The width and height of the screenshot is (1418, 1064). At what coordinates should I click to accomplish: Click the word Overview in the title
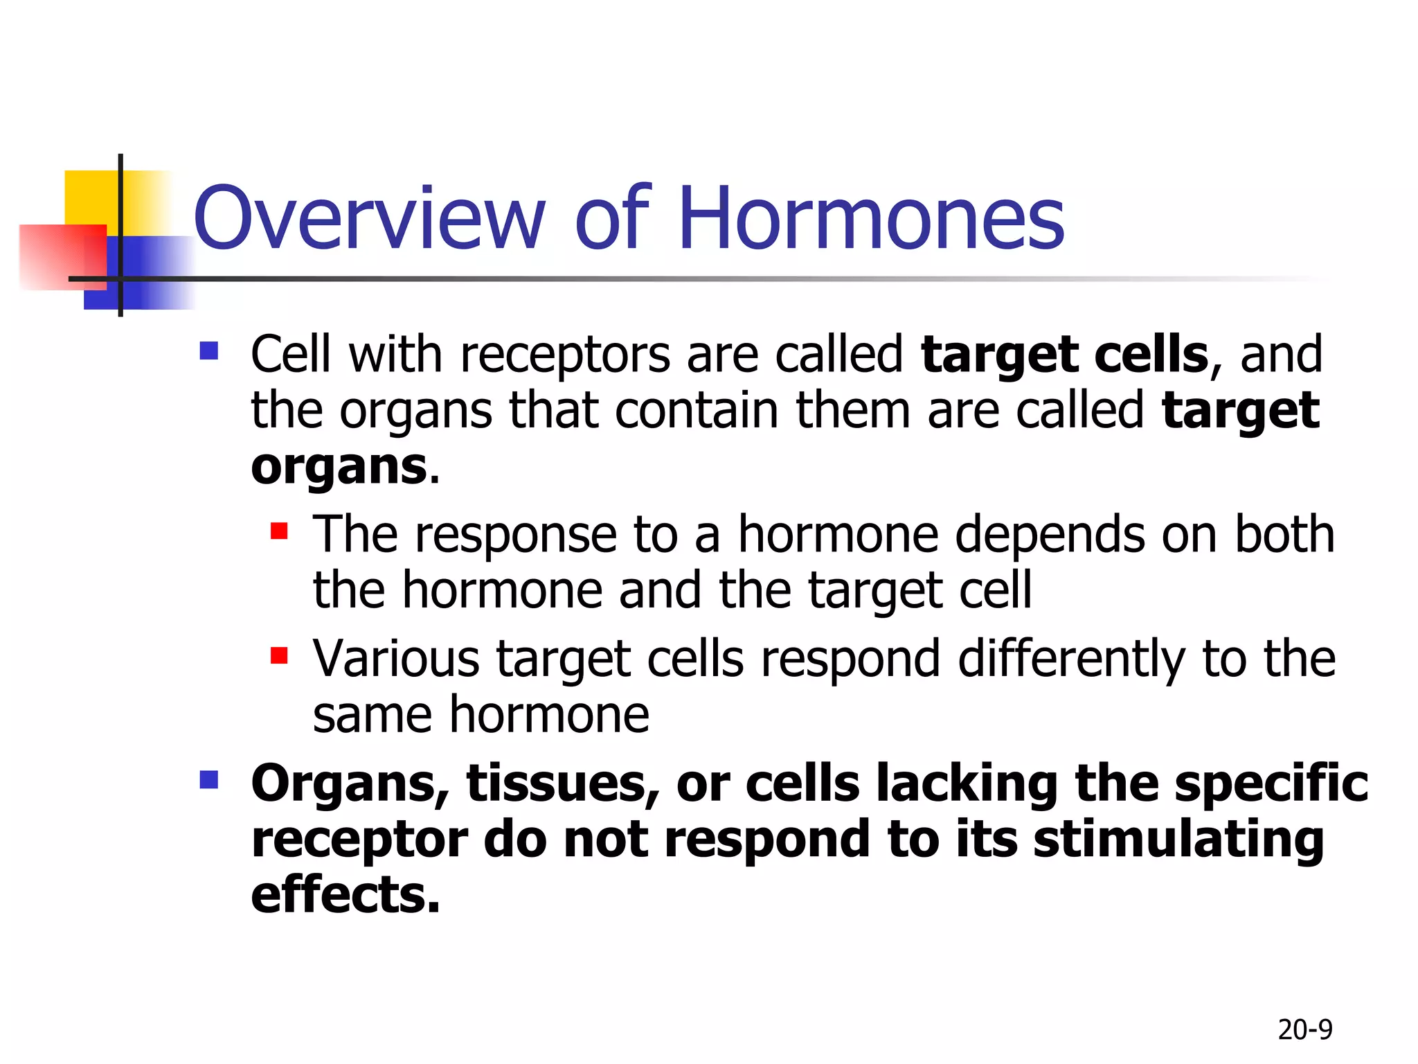(369, 218)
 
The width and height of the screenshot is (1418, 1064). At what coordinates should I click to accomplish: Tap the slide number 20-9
(1304, 1030)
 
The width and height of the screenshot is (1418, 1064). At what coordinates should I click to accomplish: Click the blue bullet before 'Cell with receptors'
(208, 351)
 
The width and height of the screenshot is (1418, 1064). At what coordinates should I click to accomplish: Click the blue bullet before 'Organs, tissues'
(208, 780)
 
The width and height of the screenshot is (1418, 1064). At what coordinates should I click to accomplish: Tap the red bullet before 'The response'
(279, 531)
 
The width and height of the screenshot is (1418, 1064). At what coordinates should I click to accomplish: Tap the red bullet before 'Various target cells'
(279, 655)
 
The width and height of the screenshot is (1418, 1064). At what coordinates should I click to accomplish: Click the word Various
(395, 659)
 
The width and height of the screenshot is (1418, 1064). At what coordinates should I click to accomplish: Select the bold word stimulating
(1178, 840)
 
